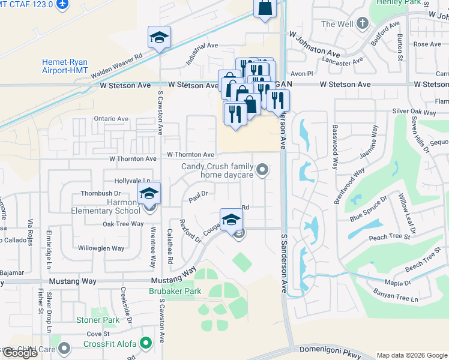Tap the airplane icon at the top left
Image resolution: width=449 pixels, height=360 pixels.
61,5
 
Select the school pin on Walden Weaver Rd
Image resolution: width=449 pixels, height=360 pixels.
160,37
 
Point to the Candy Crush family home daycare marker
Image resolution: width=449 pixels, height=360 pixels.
262,170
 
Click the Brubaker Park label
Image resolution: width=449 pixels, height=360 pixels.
173,291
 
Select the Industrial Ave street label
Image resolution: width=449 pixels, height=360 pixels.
202,53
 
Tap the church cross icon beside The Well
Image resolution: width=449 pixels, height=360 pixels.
361,23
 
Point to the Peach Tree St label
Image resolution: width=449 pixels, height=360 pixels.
390,238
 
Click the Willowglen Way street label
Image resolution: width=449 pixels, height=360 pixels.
101,248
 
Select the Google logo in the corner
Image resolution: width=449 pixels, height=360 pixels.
20,353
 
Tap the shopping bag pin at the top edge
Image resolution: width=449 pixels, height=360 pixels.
265,9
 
